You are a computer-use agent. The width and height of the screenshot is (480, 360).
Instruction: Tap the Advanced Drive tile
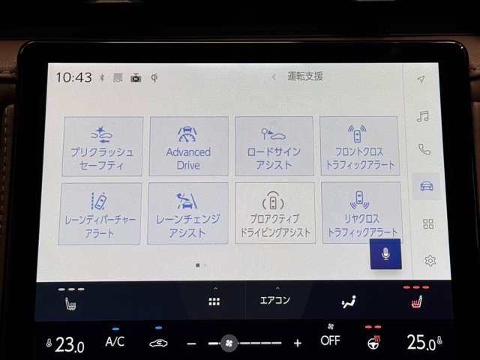click(188, 146)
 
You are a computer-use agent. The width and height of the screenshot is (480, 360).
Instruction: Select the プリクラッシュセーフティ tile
click(103, 146)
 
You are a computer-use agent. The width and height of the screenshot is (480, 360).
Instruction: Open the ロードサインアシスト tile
click(274, 146)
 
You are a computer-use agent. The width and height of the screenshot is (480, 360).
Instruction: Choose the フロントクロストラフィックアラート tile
click(360, 145)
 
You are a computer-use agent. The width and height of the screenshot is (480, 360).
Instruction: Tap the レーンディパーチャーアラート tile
click(100, 214)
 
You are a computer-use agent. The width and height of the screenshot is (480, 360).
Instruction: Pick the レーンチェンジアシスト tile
click(187, 213)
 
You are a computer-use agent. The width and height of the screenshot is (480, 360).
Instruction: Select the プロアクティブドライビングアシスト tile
click(275, 213)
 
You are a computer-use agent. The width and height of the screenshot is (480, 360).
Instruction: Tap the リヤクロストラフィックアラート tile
click(361, 212)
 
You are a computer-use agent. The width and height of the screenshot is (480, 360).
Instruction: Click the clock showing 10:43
click(73, 77)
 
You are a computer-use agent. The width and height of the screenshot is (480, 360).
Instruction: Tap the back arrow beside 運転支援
click(274, 76)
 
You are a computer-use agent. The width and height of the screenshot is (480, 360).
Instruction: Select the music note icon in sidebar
click(423, 116)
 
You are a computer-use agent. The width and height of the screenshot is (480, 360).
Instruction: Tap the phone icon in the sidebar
click(424, 149)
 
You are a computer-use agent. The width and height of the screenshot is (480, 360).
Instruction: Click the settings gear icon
click(430, 260)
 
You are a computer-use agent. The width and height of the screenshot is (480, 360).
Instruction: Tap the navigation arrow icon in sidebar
click(421, 79)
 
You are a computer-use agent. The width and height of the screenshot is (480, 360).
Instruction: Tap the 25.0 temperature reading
click(421, 342)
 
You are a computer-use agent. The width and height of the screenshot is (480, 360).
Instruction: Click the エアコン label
click(274, 300)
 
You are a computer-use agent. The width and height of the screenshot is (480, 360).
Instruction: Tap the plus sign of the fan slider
click(298, 343)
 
